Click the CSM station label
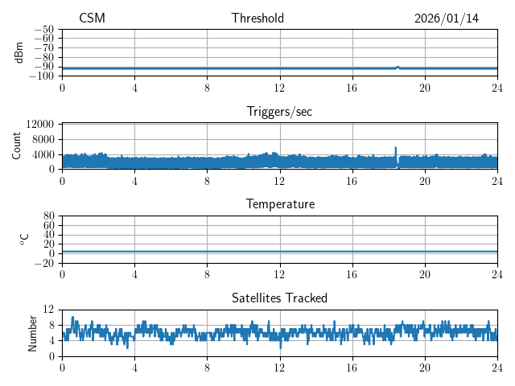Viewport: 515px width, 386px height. coord(92,18)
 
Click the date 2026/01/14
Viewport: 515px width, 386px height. coord(446,18)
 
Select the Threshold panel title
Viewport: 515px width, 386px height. coord(257,18)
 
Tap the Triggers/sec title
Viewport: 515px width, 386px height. coord(279,112)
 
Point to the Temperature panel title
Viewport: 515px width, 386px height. coord(279,204)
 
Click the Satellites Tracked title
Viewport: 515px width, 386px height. coord(279,298)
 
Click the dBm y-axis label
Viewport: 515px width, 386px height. coord(19,52)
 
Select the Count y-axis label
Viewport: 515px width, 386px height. coord(16,146)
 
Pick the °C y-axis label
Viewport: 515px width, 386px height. coord(24,239)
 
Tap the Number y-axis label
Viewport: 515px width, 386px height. coord(32,332)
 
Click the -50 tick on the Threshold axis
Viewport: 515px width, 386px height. coord(44,30)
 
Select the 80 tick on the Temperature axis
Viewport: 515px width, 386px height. coord(49,216)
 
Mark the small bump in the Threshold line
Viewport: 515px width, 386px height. coord(398,67)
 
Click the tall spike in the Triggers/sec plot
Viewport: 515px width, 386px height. coord(396,150)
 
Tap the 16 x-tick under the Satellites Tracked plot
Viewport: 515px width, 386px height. coord(352,368)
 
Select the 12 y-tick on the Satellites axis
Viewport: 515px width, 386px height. coord(49,310)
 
